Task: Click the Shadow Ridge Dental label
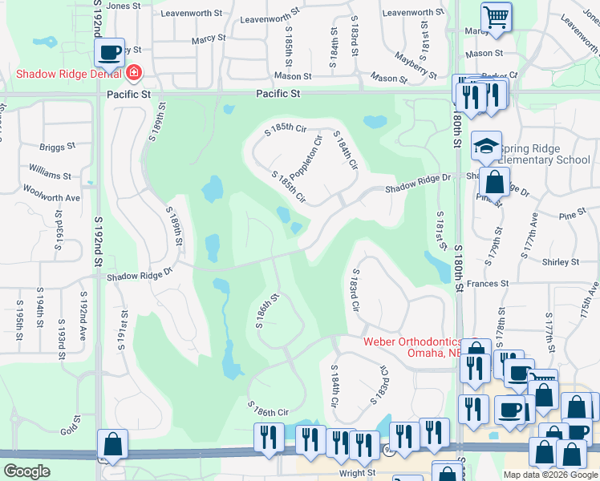point(67,75)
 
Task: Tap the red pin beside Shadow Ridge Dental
point(133,75)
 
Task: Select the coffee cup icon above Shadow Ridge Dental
point(110,53)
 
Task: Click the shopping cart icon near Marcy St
point(497,16)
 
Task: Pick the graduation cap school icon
point(486,146)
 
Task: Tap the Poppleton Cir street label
point(306,158)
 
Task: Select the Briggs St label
point(57,147)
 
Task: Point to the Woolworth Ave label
point(51,197)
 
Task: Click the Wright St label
point(357,473)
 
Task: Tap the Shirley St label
point(561,262)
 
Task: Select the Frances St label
point(483,283)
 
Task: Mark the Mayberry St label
point(416,65)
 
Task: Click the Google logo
point(26,471)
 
